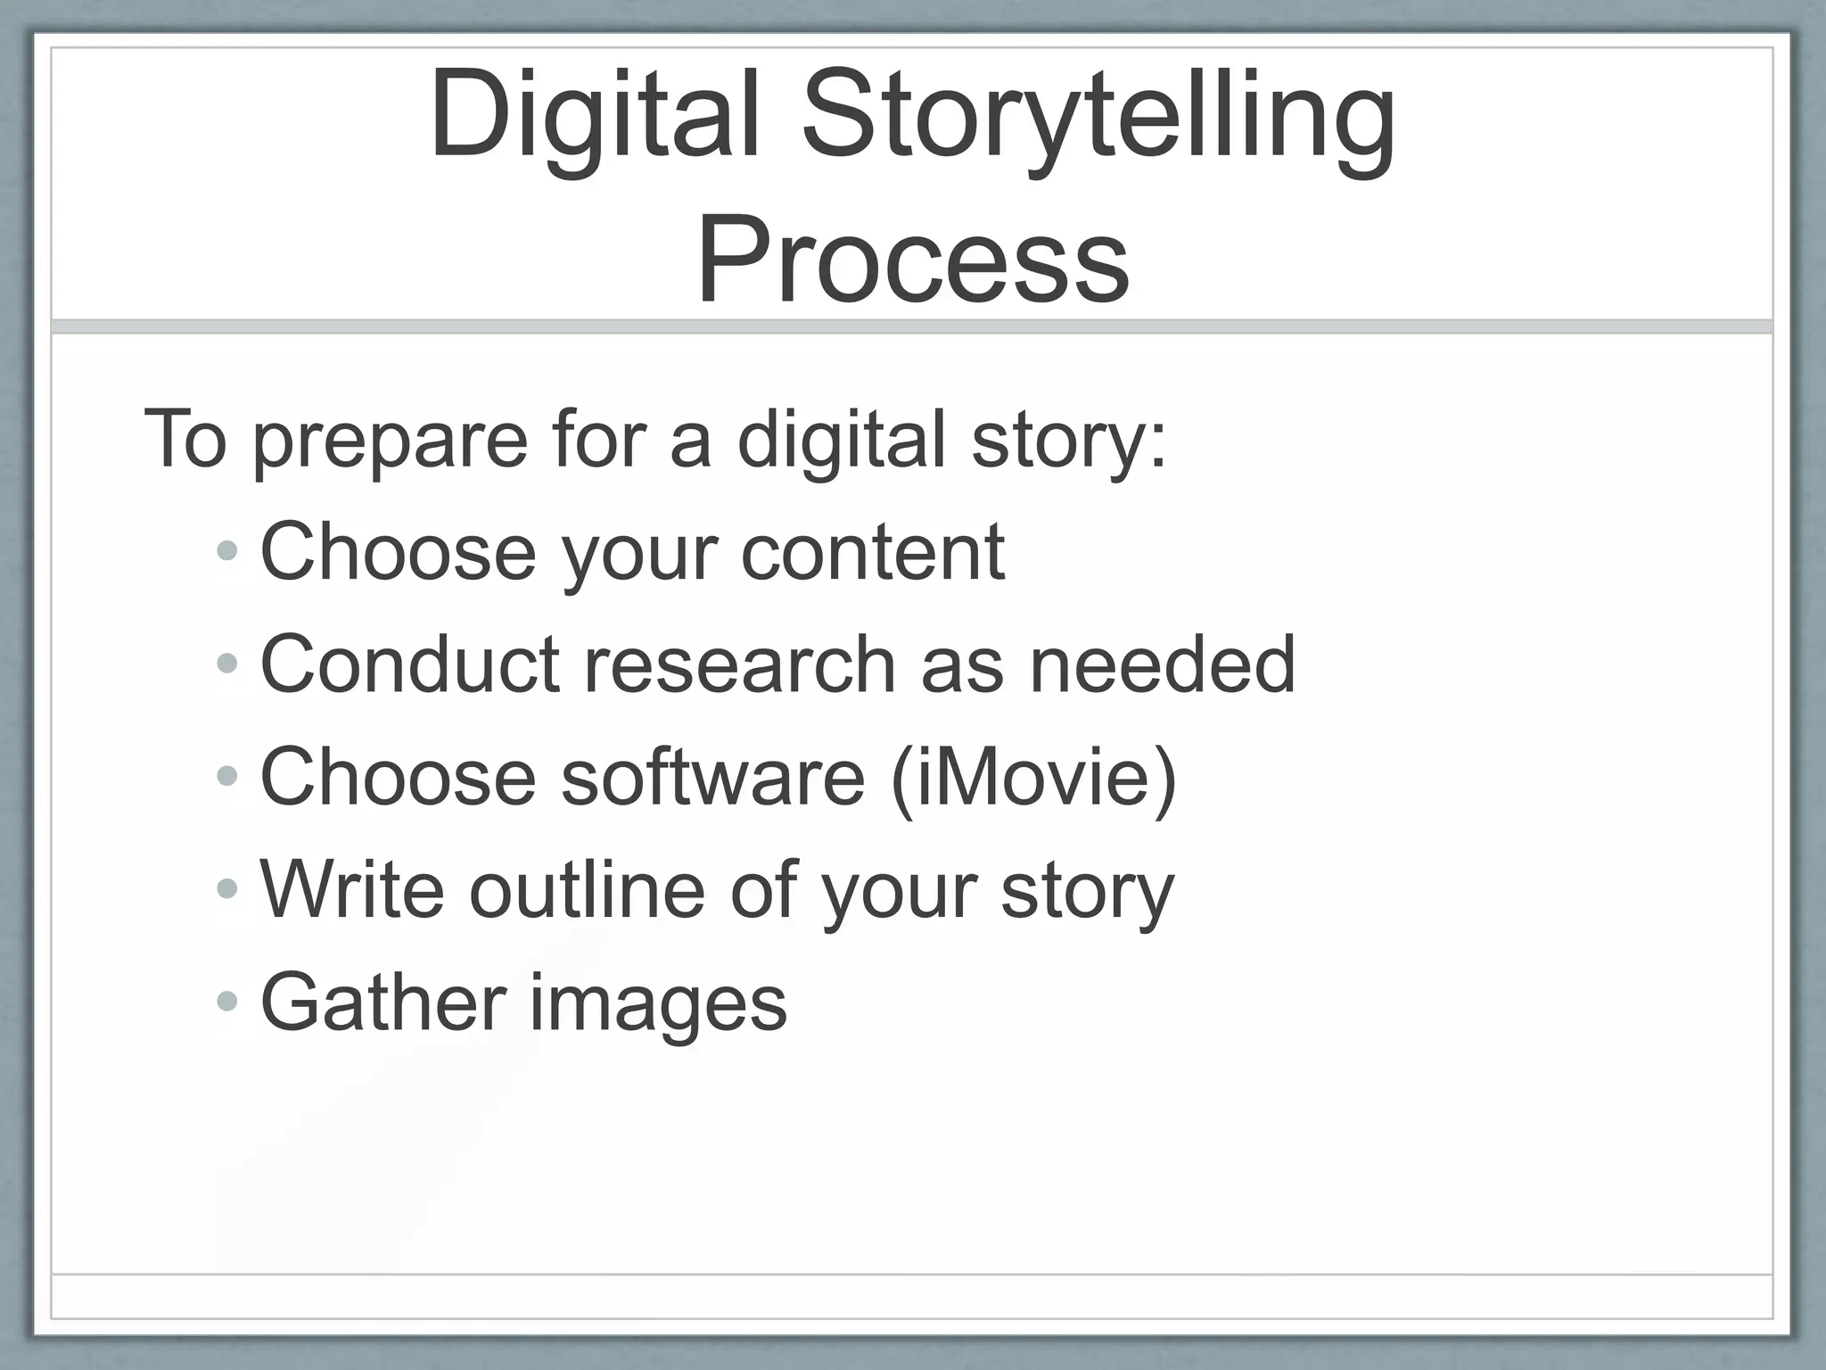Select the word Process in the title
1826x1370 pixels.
click(913, 260)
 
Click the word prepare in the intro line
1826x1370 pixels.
click(391, 440)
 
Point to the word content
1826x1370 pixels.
click(873, 552)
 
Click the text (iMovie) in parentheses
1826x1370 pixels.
click(1033, 777)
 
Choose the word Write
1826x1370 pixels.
click(352, 889)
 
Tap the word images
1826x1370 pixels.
click(659, 1003)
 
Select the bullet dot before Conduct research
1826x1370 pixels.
click(227, 664)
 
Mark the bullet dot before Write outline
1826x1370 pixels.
click(227, 888)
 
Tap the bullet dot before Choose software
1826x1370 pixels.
click(227, 776)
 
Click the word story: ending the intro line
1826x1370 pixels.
click(1069, 440)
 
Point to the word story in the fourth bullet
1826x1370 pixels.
click(1088, 889)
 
